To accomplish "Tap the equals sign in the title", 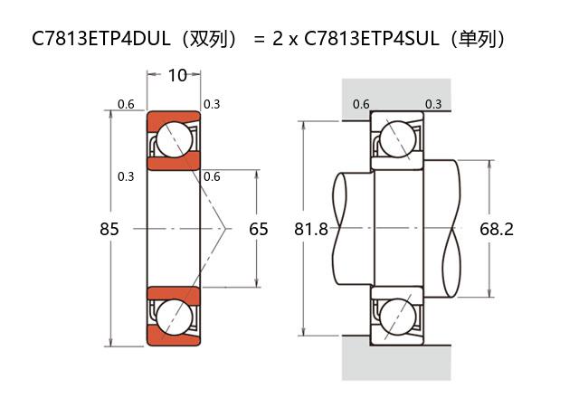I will click(260, 40).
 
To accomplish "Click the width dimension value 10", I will click(177, 75).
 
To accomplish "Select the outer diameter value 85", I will click(109, 229).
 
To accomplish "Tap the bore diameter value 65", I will click(259, 229).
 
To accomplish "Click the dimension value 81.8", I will click(311, 229).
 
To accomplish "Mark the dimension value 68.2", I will click(497, 229).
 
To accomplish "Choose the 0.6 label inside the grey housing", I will click(361, 104).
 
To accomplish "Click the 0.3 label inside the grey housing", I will click(433, 104).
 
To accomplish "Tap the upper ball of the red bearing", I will click(173, 139).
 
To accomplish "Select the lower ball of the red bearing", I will click(173, 317).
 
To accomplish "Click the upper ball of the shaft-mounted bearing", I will click(397, 139).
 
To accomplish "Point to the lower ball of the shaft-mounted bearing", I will click(397, 317).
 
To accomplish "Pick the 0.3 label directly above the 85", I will click(126, 175).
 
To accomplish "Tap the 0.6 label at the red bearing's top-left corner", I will click(126, 104).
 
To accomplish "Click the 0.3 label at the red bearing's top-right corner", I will click(212, 104).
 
